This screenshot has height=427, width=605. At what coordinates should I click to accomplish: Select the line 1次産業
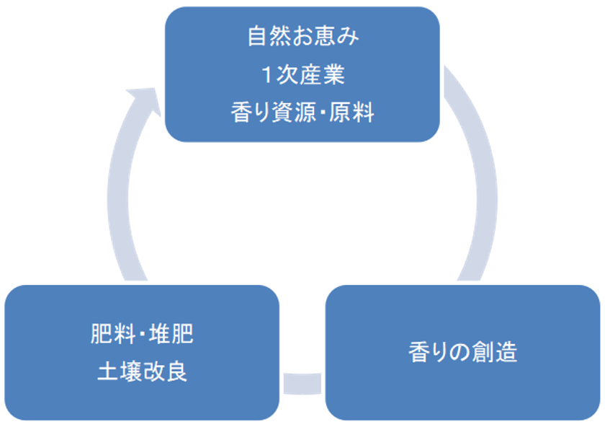coord(302,75)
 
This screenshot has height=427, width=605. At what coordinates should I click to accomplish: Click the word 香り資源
coord(271,113)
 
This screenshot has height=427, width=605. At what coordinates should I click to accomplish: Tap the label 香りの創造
coord(462,353)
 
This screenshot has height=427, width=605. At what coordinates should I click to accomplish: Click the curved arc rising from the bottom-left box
coord(120,216)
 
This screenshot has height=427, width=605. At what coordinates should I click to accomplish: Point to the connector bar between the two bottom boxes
coord(302,383)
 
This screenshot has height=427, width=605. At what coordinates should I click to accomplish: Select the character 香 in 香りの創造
coord(419,353)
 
